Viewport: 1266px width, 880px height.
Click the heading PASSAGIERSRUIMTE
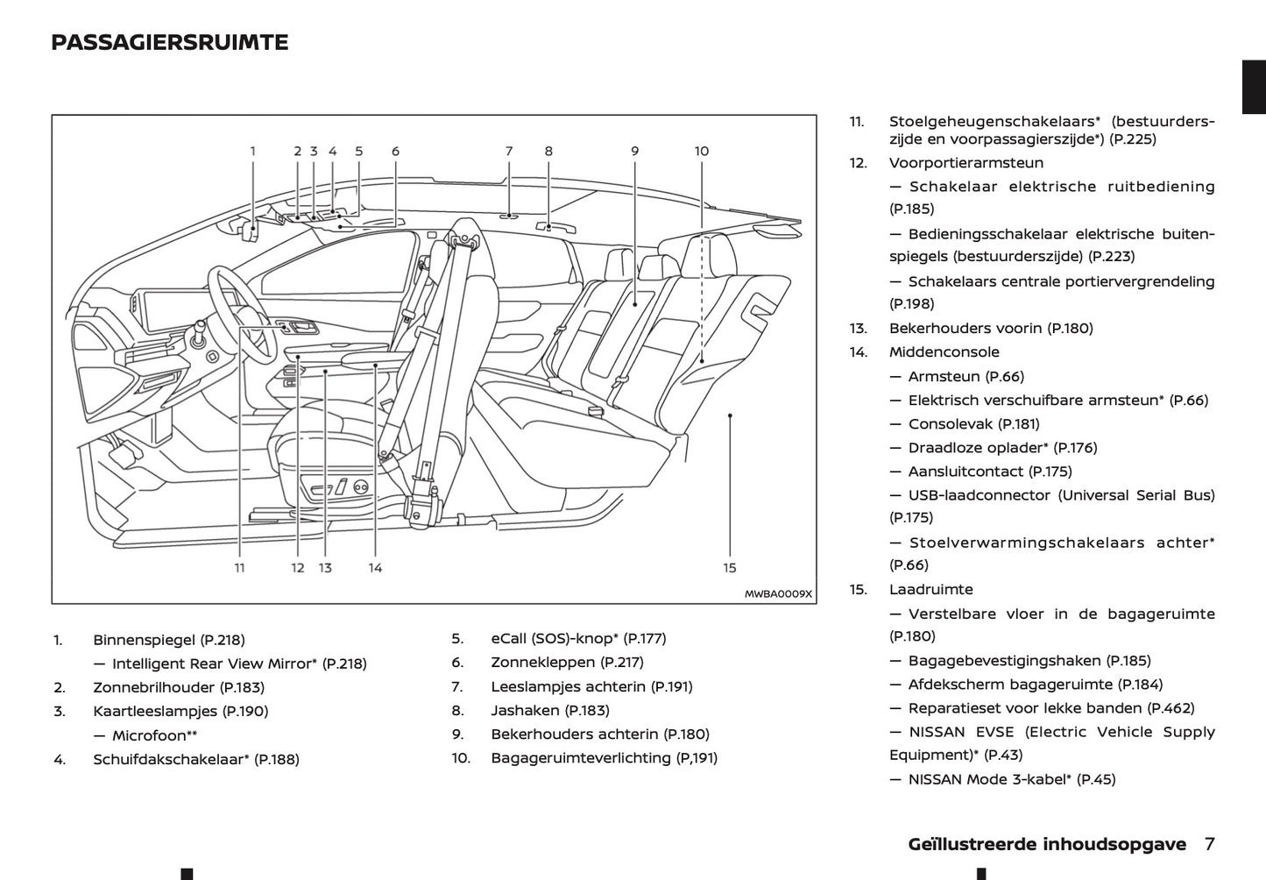pyautogui.click(x=169, y=43)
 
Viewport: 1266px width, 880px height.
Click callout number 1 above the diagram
pyautogui.click(x=253, y=151)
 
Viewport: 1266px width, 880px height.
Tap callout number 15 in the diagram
pyautogui.click(x=730, y=568)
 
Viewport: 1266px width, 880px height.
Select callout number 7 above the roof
pyautogui.click(x=508, y=151)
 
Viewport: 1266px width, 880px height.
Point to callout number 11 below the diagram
pyautogui.click(x=239, y=568)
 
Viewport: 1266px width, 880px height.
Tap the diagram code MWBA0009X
pyautogui.click(x=778, y=594)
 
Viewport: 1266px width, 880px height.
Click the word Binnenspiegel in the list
pyautogui.click(x=145, y=640)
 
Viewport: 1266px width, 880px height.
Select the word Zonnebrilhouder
pyautogui.click(x=153, y=687)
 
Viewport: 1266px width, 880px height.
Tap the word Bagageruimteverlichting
pyautogui.click(x=580, y=757)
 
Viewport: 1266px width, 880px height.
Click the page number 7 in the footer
pyautogui.click(x=1209, y=844)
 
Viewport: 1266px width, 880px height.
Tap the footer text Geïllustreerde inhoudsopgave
pyautogui.click(x=1047, y=844)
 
